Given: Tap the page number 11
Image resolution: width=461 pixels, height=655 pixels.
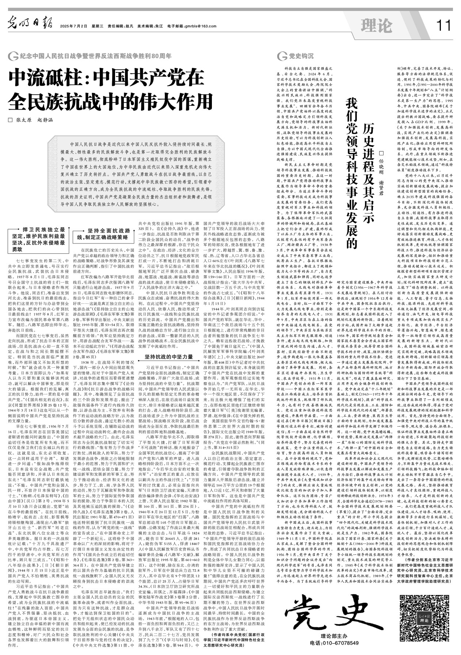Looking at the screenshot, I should tap(443, 26).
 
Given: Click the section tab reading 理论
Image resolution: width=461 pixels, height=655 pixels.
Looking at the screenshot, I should tap(376, 26).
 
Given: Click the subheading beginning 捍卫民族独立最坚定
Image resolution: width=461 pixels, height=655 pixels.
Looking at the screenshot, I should tap(38, 239).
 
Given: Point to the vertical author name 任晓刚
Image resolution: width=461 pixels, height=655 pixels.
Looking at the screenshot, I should tap(382, 163).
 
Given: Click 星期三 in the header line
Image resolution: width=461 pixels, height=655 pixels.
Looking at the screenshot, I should tap(98, 26).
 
